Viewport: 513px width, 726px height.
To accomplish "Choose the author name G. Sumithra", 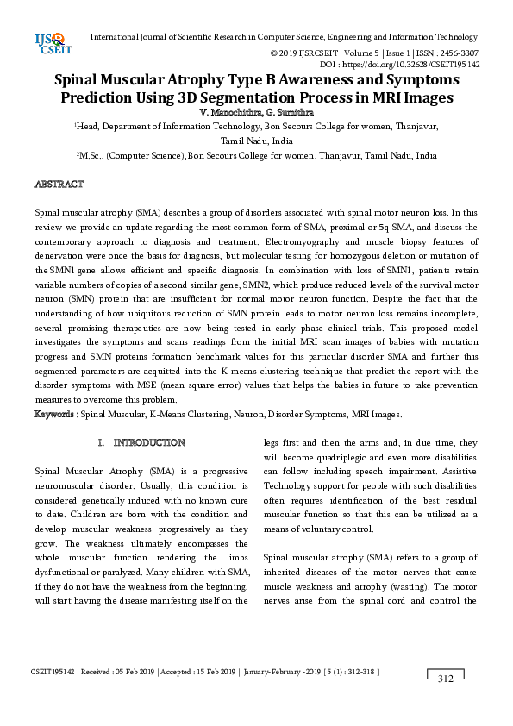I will (x=289, y=112).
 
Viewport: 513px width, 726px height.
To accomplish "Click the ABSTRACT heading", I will (x=59, y=185).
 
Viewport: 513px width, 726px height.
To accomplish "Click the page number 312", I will (x=445, y=679).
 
